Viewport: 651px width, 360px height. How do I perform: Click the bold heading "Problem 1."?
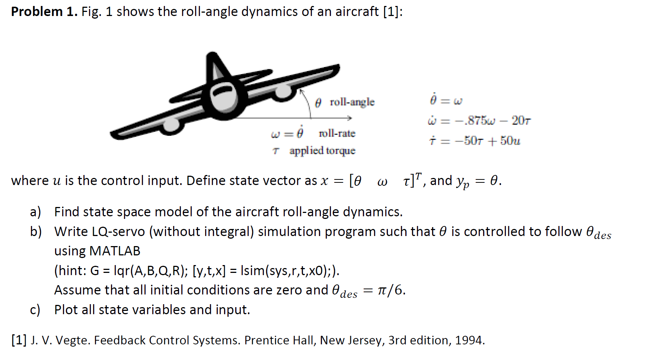coord(44,12)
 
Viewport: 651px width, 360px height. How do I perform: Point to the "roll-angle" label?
coord(352,102)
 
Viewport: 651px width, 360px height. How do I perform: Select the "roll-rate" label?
coord(337,133)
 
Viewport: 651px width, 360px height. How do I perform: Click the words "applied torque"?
coord(322,151)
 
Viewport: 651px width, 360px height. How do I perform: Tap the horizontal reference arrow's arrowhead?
coord(349,118)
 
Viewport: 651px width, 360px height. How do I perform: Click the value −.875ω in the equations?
coord(479,121)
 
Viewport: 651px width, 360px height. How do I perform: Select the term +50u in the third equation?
coord(506,141)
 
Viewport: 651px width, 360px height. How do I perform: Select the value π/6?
coord(390,290)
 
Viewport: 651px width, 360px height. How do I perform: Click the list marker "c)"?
coord(35,310)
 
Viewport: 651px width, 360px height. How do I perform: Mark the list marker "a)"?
coord(35,212)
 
